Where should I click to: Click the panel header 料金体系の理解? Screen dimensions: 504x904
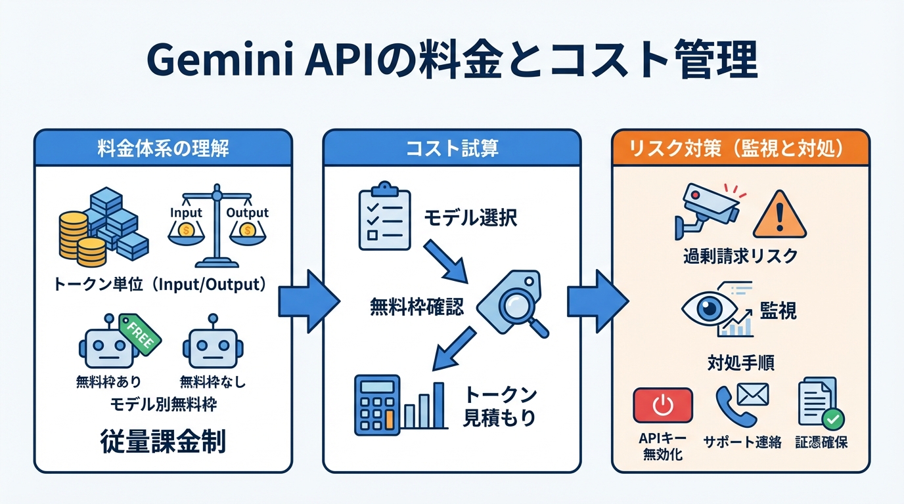[x=162, y=148]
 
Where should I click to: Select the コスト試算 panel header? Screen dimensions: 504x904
[x=451, y=148]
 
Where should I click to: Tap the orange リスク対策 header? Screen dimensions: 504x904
[x=740, y=148]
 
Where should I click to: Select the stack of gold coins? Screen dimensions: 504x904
[x=74, y=238]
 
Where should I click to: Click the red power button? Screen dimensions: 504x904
[x=662, y=405]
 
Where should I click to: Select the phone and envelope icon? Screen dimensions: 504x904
[x=740, y=404]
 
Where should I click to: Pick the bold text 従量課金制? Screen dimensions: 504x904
[x=163, y=442]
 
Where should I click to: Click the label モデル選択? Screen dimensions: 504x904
[x=470, y=218]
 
